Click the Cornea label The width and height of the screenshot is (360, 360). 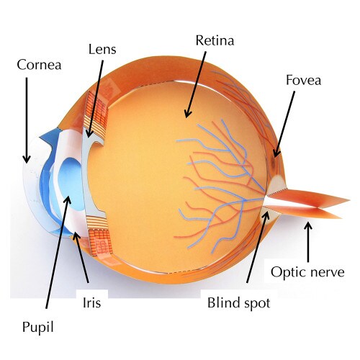[x=39, y=65]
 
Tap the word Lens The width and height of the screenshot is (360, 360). [x=102, y=50]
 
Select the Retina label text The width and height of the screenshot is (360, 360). [x=215, y=40]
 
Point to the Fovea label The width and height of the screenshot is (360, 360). [x=303, y=80]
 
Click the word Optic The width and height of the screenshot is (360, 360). [x=289, y=273]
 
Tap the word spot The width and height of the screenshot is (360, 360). [x=258, y=303]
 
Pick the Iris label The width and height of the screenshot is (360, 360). [x=91, y=302]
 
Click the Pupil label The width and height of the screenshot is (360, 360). [x=37, y=328]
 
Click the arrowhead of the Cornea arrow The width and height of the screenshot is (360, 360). [x=27, y=161]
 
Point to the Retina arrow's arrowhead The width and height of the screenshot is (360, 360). [x=186, y=117]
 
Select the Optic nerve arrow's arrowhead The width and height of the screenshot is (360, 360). [x=308, y=222]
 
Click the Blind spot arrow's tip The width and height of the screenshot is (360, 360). [x=267, y=212]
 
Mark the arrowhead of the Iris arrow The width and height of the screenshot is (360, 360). [x=75, y=233]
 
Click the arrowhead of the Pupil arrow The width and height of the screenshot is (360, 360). [x=69, y=197]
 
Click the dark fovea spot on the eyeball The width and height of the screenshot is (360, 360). [x=274, y=161]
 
